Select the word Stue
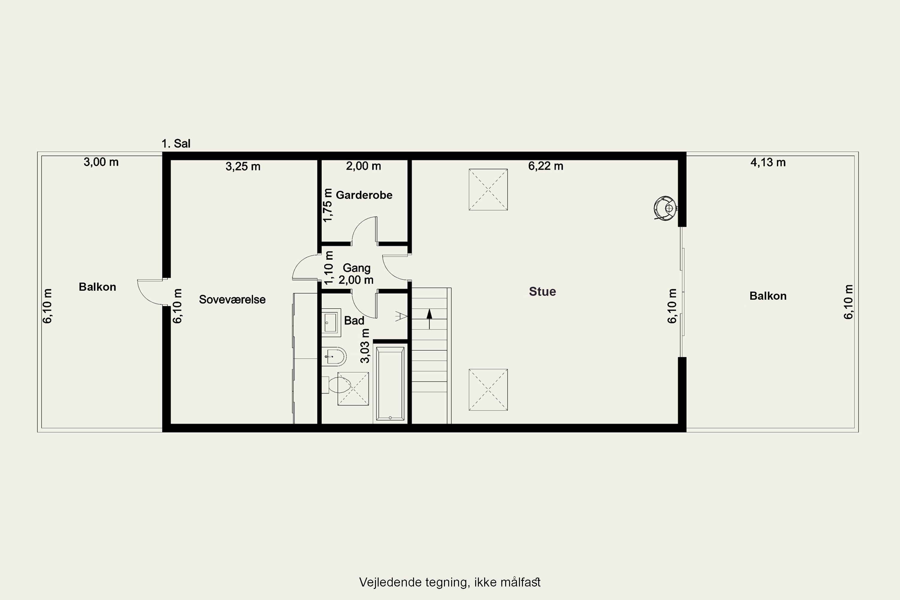click(x=542, y=292)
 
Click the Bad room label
click(x=354, y=320)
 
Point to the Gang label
click(x=356, y=268)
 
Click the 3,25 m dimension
click(x=243, y=166)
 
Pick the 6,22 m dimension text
click(x=546, y=166)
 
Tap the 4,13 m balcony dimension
click(x=768, y=163)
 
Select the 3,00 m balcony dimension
click(x=101, y=162)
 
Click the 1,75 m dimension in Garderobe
click(x=328, y=205)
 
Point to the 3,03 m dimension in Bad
click(x=365, y=346)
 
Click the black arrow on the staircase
click(x=429, y=319)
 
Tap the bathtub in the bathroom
click(x=390, y=384)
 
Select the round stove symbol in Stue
click(x=665, y=208)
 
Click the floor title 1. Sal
click(x=175, y=143)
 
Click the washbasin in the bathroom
click(x=331, y=322)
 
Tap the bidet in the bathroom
click(x=334, y=357)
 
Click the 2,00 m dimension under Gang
click(x=356, y=280)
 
